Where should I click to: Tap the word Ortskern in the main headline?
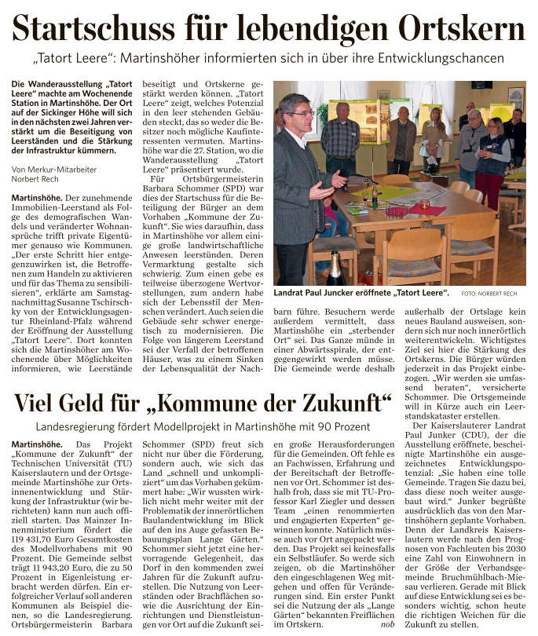tap(462, 30)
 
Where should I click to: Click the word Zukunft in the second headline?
tap(340, 404)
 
